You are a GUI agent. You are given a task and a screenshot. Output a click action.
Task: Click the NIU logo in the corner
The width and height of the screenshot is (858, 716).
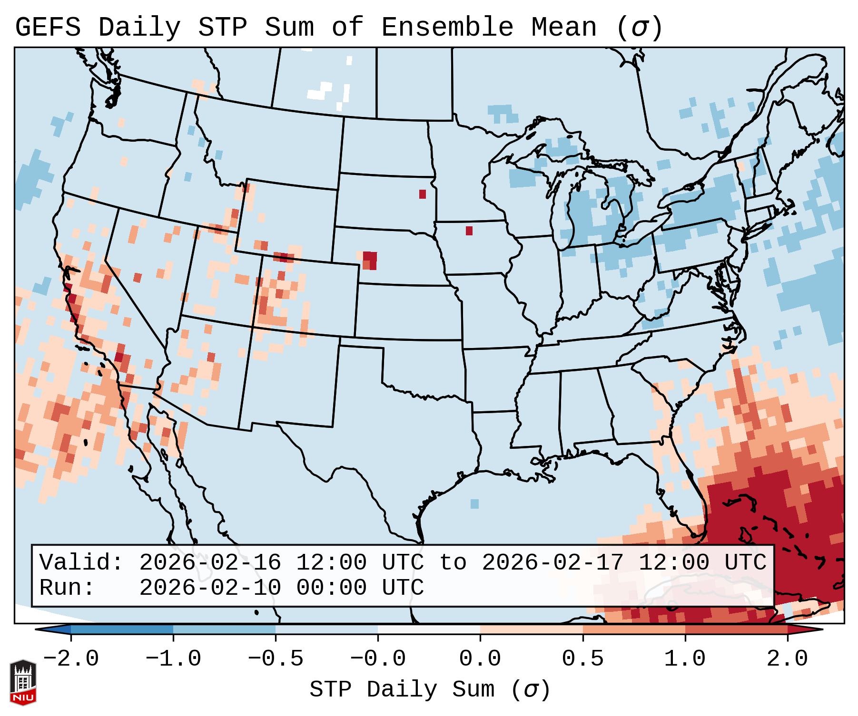[x=23, y=682]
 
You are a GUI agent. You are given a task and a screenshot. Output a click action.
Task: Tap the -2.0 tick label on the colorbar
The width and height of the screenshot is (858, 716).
[x=71, y=659]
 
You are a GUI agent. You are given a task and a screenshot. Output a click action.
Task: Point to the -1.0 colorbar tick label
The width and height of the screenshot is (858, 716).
[x=173, y=659]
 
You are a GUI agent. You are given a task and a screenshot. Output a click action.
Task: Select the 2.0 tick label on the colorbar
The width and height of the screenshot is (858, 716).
[x=788, y=659]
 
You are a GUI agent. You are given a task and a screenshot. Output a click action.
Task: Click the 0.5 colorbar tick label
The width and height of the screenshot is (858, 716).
[x=583, y=659]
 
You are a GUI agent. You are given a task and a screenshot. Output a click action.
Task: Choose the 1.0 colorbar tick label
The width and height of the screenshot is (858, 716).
[x=685, y=659]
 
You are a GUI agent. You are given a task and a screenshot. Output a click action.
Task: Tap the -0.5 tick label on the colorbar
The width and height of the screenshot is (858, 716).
[x=276, y=659]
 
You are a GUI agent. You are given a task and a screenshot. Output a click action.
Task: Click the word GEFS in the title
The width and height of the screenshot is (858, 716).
[x=48, y=28]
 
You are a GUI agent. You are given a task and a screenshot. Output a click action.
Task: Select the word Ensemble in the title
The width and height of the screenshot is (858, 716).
[x=447, y=28]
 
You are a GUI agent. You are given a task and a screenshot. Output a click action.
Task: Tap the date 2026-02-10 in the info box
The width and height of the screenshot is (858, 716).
[x=210, y=588]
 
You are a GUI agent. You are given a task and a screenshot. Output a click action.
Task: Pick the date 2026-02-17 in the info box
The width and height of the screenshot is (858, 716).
[x=552, y=562]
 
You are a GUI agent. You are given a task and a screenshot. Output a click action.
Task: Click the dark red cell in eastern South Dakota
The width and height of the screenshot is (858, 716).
[x=423, y=194]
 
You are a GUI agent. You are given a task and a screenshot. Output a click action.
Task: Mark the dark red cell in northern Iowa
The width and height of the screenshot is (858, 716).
[x=469, y=231]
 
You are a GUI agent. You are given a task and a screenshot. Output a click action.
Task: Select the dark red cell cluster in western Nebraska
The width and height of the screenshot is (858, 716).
[x=370, y=260]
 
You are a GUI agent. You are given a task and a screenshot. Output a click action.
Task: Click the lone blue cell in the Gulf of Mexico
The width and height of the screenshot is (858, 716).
[x=474, y=503]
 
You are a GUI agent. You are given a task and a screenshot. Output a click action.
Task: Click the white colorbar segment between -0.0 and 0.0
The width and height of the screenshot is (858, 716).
[x=429, y=629]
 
